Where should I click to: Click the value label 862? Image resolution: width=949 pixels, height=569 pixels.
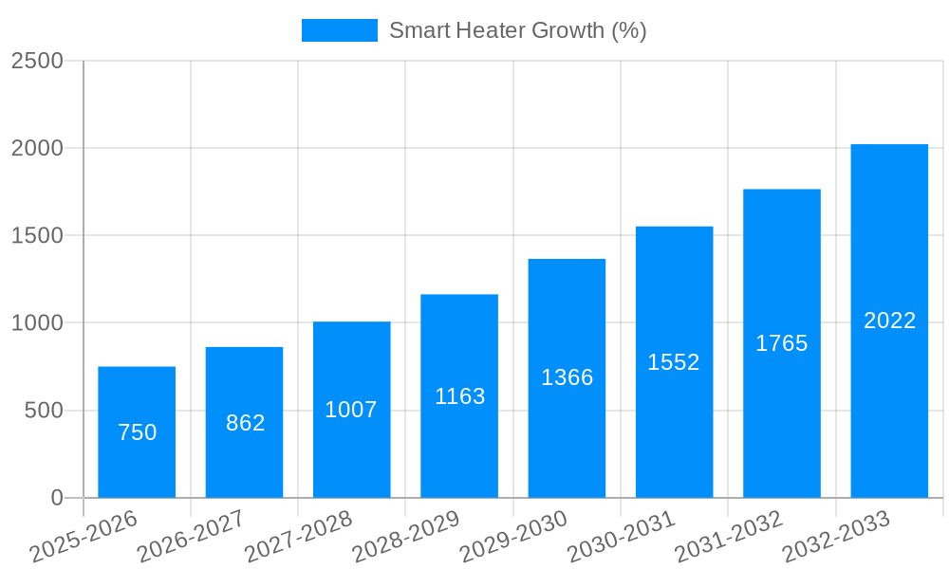pyautogui.click(x=245, y=423)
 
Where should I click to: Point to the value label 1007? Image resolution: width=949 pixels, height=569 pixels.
pyautogui.click(x=351, y=410)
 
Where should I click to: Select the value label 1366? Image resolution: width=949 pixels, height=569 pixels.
pyautogui.click(x=567, y=377)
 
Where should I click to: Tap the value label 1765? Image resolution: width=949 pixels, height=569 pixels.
pyautogui.click(x=781, y=343)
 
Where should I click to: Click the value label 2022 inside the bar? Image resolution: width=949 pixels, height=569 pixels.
pyautogui.click(x=889, y=321)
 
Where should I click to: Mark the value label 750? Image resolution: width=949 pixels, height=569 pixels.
pyautogui.click(x=137, y=432)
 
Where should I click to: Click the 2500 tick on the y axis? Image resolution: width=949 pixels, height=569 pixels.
pyautogui.click(x=37, y=61)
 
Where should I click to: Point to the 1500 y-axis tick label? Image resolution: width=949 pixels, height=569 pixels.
pyautogui.click(x=37, y=235)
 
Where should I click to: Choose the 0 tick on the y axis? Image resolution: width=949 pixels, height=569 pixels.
pyautogui.click(x=56, y=498)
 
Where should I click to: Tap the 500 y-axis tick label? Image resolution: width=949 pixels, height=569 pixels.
pyautogui.click(x=44, y=411)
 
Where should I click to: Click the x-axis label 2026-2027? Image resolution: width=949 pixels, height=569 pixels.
pyautogui.click(x=191, y=537)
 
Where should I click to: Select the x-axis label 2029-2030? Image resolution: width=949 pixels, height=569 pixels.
pyautogui.click(x=513, y=537)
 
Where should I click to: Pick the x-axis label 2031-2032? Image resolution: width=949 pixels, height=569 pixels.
pyautogui.click(x=729, y=537)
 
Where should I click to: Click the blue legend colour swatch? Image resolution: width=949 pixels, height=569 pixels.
pyautogui.click(x=339, y=30)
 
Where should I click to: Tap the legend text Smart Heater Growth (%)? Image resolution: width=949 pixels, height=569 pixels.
pyautogui.click(x=517, y=30)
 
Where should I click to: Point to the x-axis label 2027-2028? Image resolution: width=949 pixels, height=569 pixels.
pyautogui.click(x=298, y=537)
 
